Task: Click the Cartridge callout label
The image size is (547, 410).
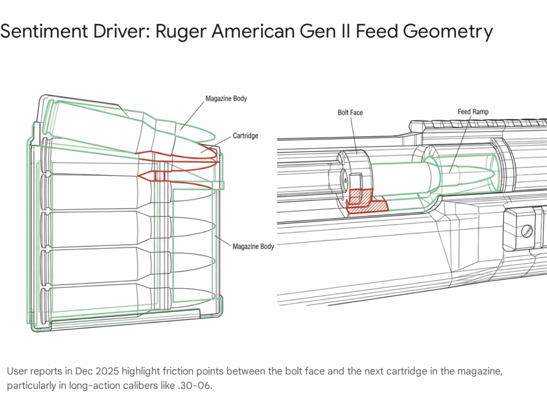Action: point(245,136)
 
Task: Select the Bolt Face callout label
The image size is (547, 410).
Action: point(350,113)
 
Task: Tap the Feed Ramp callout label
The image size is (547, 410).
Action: point(473,112)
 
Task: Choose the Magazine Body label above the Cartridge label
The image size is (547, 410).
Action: point(226,99)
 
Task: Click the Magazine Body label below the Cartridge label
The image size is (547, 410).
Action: point(253,246)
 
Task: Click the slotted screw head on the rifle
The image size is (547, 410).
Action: point(526,231)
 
